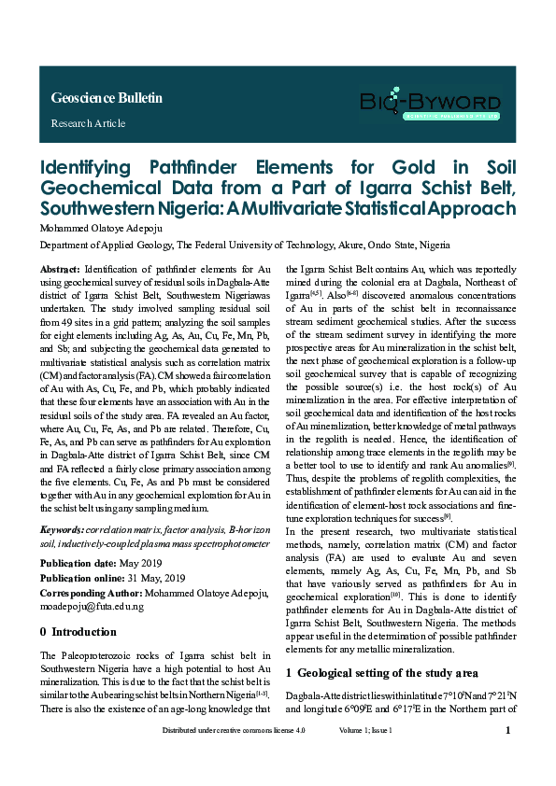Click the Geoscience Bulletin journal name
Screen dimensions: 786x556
[107, 98]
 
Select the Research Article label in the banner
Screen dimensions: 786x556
[88, 123]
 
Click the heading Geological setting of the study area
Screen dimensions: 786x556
[388, 672]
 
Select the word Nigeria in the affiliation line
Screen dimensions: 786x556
[431, 245]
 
